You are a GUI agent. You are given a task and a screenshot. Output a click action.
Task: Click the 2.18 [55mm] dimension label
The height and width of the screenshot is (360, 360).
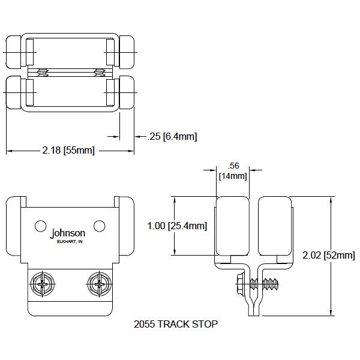click(69, 149)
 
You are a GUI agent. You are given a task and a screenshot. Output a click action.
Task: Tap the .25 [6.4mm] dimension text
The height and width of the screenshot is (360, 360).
click(172, 137)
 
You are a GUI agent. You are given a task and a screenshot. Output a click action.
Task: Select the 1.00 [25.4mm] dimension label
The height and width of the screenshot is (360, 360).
click(177, 226)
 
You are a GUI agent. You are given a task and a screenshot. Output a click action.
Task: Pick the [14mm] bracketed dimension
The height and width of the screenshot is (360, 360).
click(232, 175)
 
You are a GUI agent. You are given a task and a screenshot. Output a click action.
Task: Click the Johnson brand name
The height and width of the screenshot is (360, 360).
click(68, 233)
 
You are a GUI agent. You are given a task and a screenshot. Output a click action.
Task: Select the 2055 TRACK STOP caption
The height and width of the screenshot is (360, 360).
click(175, 325)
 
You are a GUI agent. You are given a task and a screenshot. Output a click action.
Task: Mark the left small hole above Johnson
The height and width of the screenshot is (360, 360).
click(40, 226)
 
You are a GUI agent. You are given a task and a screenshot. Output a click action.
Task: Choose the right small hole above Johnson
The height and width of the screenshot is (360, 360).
click(100, 226)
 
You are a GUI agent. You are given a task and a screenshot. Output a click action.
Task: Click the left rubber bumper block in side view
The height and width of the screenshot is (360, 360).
click(232, 227)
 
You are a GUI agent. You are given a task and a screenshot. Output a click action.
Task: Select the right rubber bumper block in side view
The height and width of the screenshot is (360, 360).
click(274, 227)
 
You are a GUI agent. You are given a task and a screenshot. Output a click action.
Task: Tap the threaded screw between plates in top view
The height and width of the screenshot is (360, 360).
click(69, 73)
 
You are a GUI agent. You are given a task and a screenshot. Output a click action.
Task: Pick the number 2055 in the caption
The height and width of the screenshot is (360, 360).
click(143, 325)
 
